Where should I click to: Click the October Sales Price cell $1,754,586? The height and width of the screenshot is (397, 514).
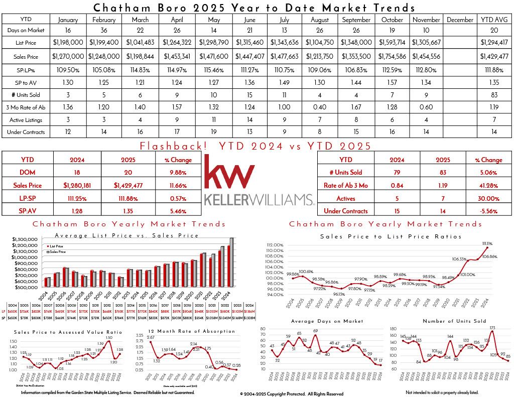(392, 57)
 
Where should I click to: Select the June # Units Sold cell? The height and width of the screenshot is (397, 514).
(284, 94)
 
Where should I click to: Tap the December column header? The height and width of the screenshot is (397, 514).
(459, 20)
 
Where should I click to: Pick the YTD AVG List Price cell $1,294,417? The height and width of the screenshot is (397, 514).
(494, 44)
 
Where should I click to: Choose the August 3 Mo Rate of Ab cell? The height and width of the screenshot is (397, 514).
(320, 107)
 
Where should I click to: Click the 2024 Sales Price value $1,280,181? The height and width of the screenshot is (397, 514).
(77, 185)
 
